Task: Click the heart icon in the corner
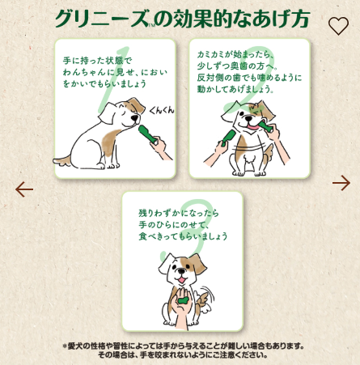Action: click(x=338, y=25)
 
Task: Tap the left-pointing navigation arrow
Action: click(x=24, y=189)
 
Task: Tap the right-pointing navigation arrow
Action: click(x=341, y=184)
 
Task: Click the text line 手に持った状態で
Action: click(x=96, y=61)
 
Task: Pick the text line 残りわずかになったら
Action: click(x=174, y=211)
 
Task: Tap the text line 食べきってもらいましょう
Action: click(x=183, y=237)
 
